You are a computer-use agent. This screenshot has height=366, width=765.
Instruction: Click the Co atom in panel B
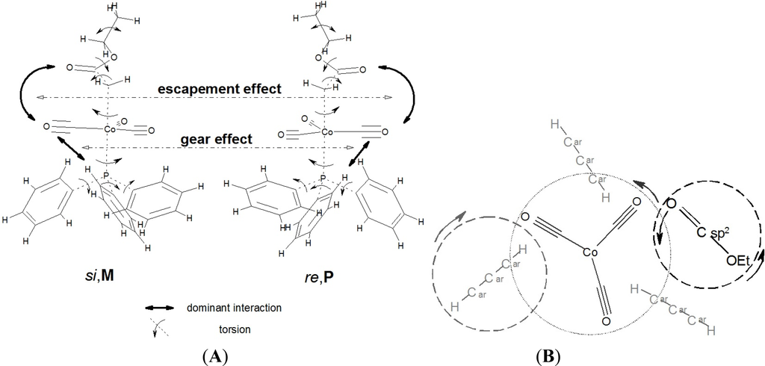[x=591, y=254]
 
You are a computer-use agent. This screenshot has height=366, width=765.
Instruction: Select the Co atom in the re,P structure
[x=326, y=131]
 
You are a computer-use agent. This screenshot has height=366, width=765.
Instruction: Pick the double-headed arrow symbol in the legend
[x=161, y=307]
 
